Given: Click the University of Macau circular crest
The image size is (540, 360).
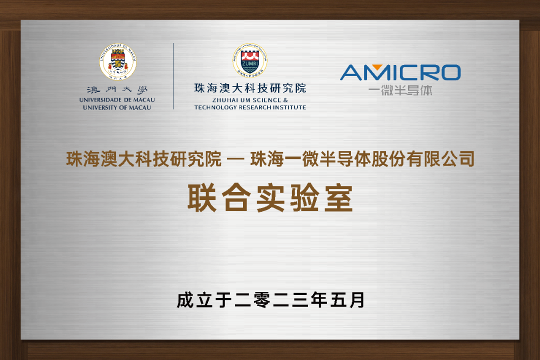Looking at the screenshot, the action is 118,62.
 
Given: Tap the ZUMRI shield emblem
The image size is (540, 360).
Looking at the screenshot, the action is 250,60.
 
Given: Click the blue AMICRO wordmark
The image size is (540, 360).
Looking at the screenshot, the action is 400,72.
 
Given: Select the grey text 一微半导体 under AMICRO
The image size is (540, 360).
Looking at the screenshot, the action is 400,90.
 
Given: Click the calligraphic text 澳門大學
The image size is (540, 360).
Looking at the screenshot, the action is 117,90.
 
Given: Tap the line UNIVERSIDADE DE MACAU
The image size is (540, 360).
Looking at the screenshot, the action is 117,100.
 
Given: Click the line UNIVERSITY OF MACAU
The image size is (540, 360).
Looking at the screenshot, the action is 117,108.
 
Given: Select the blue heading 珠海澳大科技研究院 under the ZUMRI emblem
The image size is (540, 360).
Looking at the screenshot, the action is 250,88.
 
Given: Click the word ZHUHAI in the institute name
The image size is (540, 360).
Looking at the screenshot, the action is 225,100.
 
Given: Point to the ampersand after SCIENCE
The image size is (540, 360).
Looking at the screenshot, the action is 285,100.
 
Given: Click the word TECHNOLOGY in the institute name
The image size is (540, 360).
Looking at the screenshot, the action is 215,107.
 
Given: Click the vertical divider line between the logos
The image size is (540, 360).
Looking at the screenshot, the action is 173,76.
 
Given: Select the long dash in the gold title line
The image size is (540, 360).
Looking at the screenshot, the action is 235,159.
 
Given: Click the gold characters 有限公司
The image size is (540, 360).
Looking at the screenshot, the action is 440,159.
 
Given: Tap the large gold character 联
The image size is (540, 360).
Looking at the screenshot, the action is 202,197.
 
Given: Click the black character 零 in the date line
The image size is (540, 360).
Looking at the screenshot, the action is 261,300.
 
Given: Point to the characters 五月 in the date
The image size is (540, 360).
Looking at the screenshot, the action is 347,300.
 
